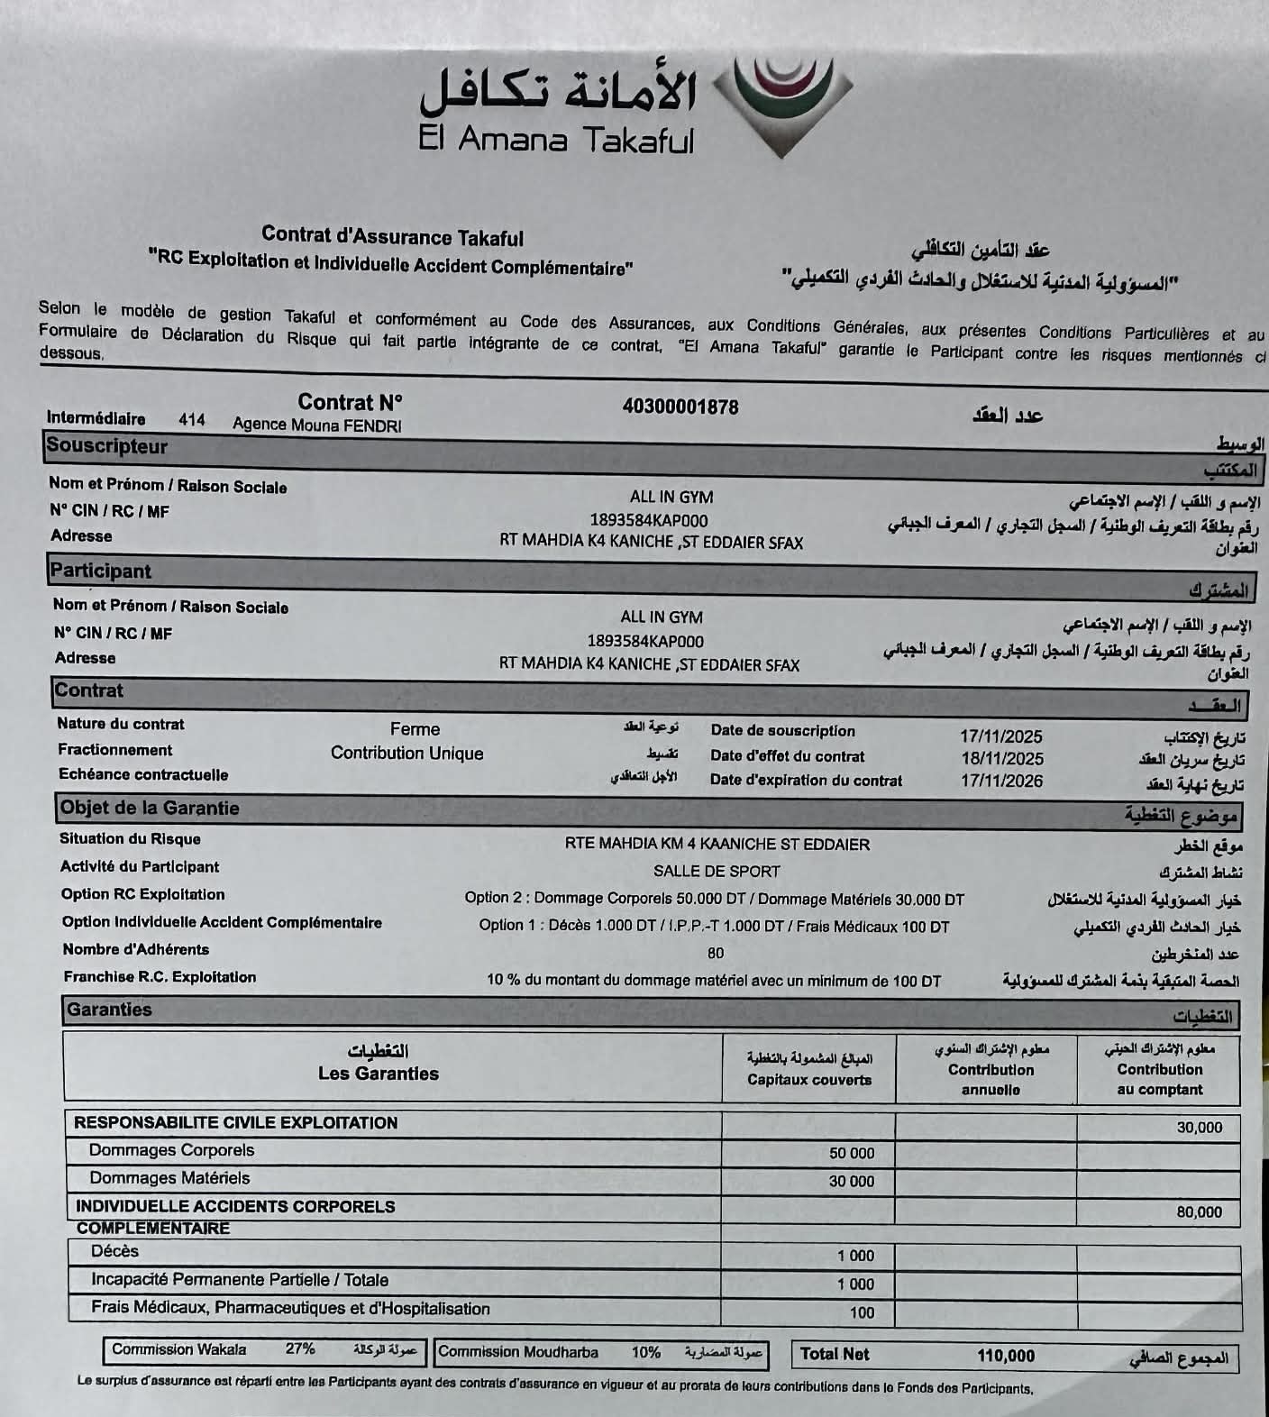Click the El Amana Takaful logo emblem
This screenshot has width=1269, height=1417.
pos(782,104)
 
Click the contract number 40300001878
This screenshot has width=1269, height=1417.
pos(680,407)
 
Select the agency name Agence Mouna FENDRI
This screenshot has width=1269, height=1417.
pos(316,425)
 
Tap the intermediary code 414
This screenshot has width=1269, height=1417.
pos(191,420)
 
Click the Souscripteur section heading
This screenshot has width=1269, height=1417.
pos(107,446)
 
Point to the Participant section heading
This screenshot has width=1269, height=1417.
pos(101,571)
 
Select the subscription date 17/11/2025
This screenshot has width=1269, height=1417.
pos(1000,736)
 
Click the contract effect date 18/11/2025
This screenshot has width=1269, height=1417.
pos(1001,759)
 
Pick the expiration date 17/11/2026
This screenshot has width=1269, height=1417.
pos(1000,781)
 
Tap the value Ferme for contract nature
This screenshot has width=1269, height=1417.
pos(415,729)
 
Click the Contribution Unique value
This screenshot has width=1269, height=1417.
pos(406,754)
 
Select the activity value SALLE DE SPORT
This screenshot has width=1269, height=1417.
pos(717,872)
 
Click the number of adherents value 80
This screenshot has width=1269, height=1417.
pos(716,953)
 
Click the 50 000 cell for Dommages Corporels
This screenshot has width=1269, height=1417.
pos(851,1153)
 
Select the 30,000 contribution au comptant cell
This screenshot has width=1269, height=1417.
pos(1199,1128)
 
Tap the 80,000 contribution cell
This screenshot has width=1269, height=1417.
pos(1199,1212)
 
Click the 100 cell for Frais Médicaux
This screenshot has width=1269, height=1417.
pos(862,1312)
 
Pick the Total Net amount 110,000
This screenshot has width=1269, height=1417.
pos(1005,1356)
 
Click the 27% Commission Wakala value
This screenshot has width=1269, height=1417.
pos(300,1349)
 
